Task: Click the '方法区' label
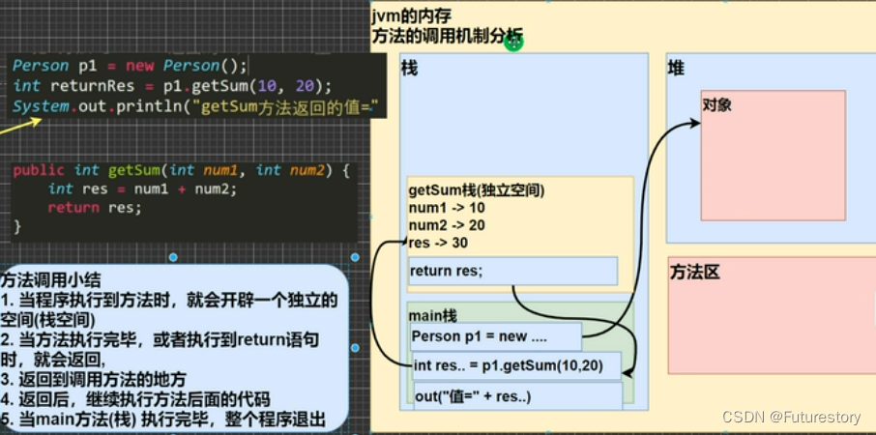tap(695, 273)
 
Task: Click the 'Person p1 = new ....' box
tap(495, 336)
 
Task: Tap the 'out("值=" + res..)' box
tap(517, 396)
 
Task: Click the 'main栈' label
tap(433, 315)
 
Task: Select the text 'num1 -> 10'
tap(447, 208)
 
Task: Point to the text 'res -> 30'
tap(440, 243)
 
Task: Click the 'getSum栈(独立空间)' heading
tap(477, 191)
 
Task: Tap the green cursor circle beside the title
tap(513, 42)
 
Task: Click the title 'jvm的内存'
tap(411, 15)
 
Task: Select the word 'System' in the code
tap(41, 104)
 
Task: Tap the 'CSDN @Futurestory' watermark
tap(790, 417)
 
